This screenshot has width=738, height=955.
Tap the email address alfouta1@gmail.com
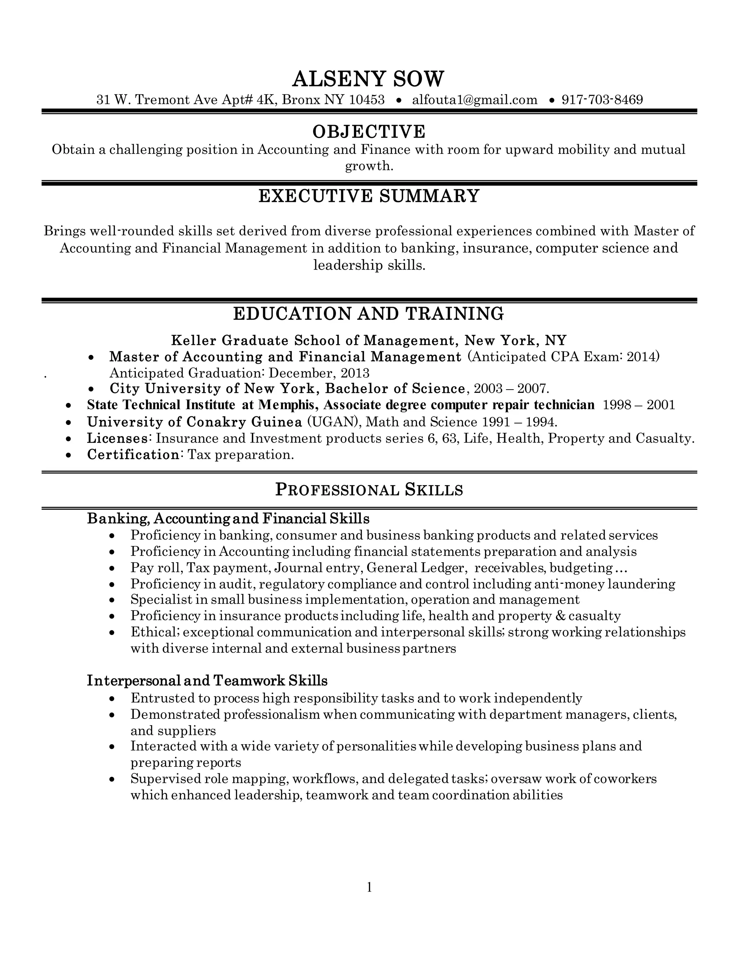point(474,100)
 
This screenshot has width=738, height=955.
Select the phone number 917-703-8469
point(602,100)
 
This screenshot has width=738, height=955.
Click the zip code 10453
point(367,100)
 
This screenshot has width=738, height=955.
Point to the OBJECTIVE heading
point(369,132)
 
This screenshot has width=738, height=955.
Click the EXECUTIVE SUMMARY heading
point(369,196)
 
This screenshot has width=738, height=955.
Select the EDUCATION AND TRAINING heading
point(368,314)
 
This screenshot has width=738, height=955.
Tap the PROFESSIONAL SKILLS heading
point(369,490)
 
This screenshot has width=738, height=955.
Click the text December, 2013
point(319,373)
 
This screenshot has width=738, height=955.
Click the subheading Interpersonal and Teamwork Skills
point(207,681)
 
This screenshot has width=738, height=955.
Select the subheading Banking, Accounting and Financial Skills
point(228,519)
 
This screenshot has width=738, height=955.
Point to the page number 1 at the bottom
point(369,887)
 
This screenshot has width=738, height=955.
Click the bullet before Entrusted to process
point(112,699)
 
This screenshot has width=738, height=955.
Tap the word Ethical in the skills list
point(154,632)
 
